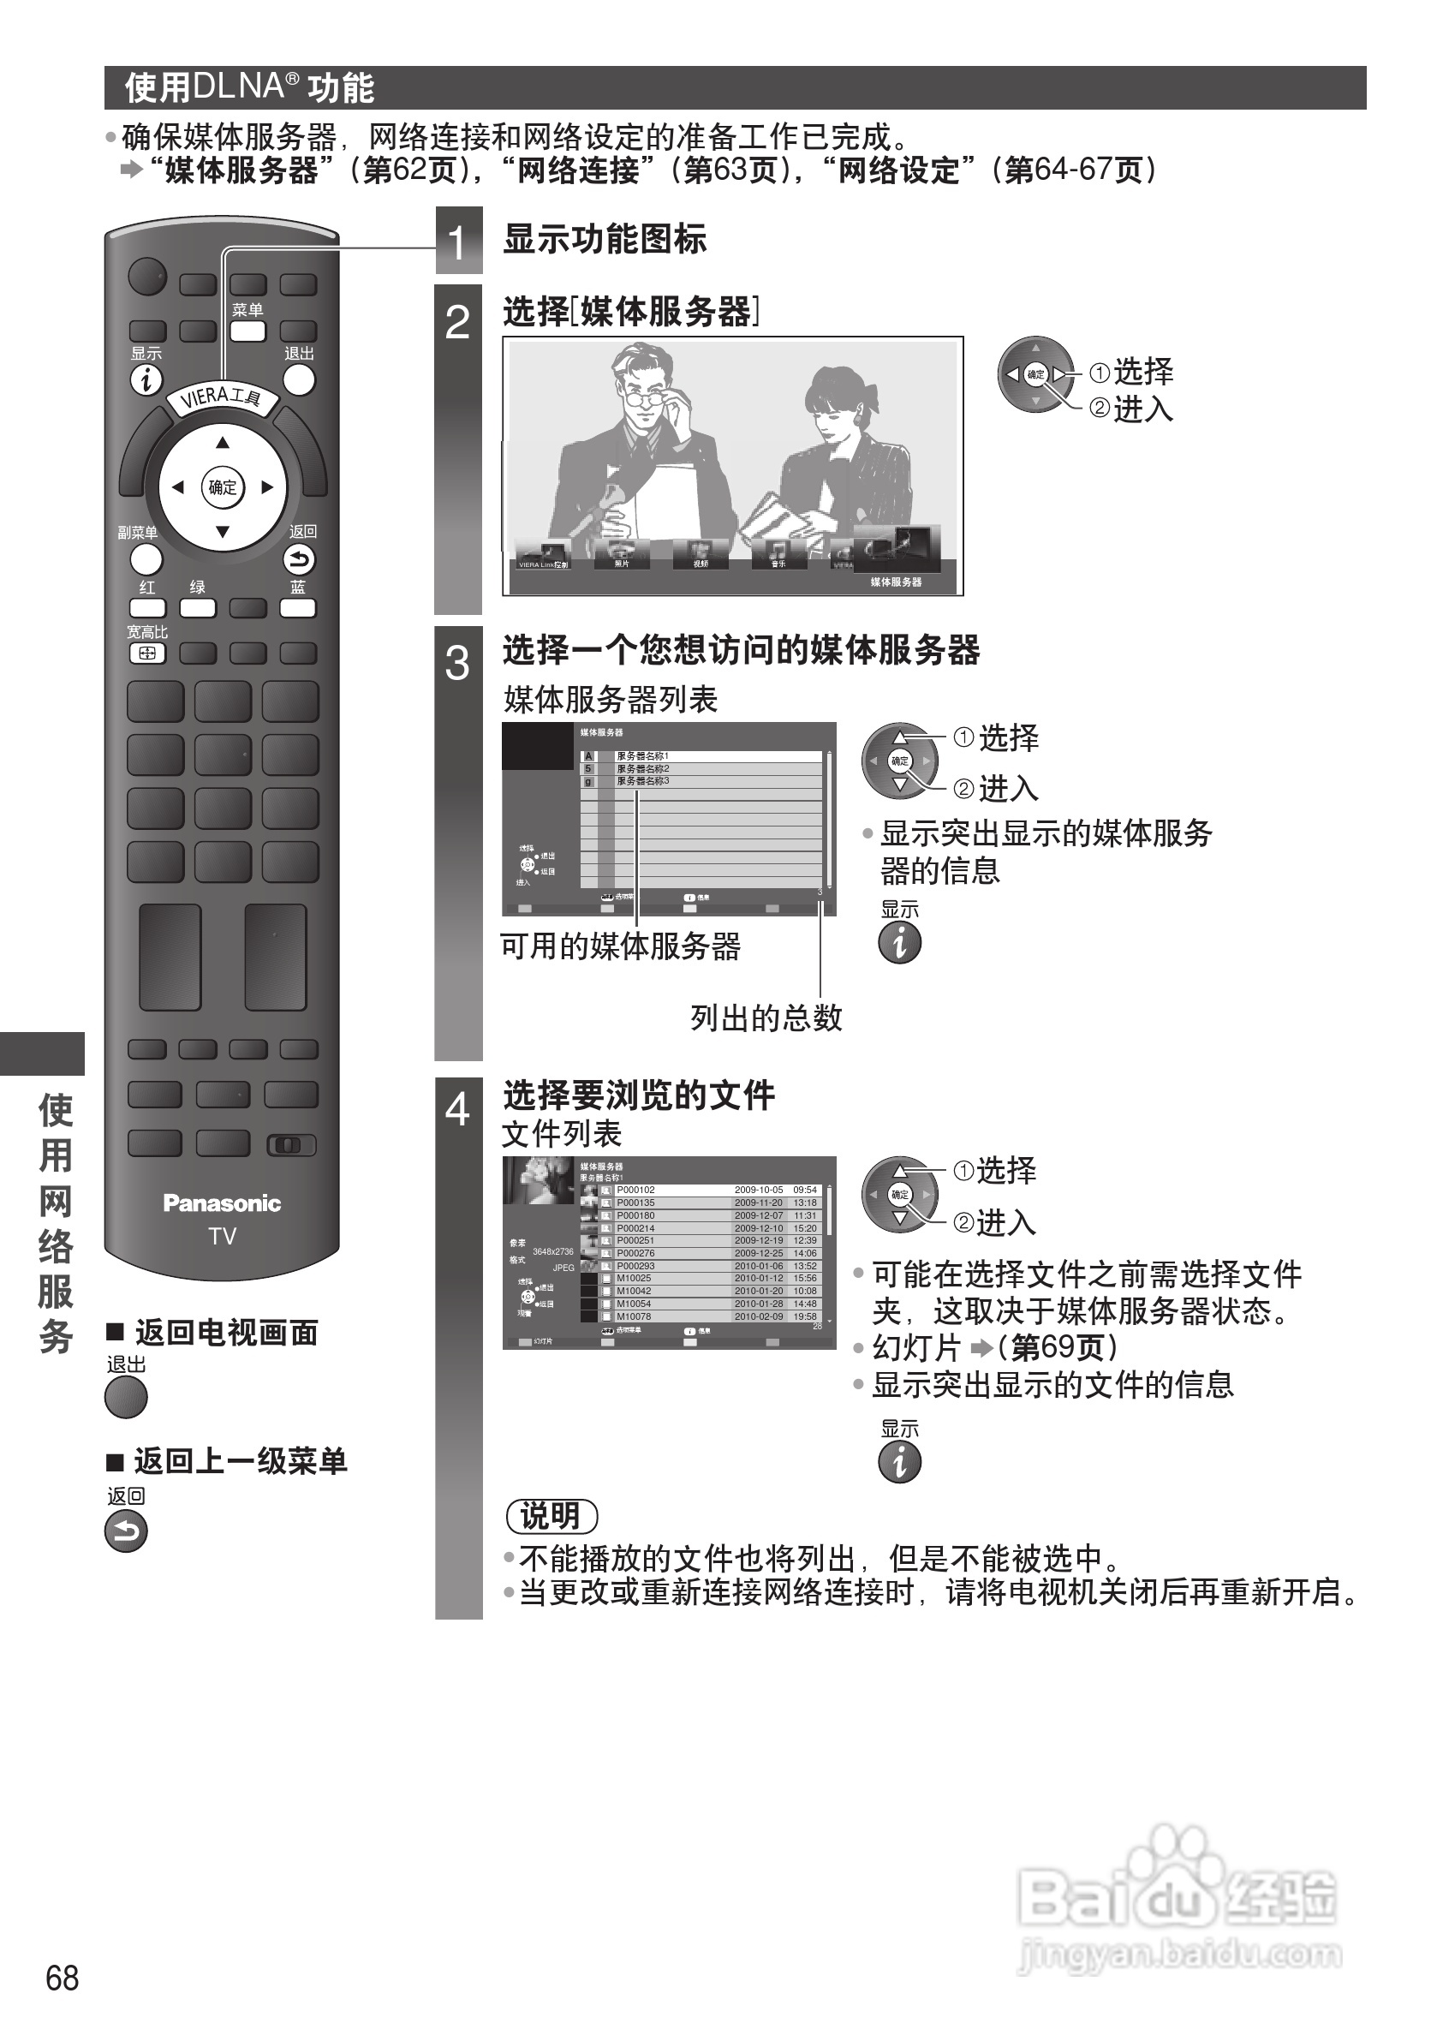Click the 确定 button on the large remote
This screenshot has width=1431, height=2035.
click(x=223, y=486)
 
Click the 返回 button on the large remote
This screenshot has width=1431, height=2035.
click(x=300, y=559)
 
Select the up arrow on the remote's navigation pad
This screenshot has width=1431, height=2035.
click(x=223, y=442)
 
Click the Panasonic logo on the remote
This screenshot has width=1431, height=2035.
click(x=222, y=1202)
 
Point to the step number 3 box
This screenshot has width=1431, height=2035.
click(x=457, y=663)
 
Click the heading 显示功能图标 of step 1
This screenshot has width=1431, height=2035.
click(x=605, y=239)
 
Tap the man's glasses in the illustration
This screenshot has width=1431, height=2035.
click(x=645, y=397)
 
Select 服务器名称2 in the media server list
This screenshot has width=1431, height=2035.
click(x=643, y=768)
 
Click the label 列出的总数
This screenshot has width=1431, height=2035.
click(x=766, y=1017)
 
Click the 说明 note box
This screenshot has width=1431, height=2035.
click(x=552, y=1516)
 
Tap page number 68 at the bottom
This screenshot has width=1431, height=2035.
click(x=62, y=1978)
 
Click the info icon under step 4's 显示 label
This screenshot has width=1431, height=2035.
click(x=899, y=1461)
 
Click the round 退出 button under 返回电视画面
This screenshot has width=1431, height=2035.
click(x=126, y=1398)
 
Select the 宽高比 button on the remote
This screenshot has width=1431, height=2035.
click(x=147, y=653)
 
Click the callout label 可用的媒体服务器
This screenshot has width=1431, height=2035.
click(x=620, y=946)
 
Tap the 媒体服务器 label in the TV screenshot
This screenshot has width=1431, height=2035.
click(x=895, y=582)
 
